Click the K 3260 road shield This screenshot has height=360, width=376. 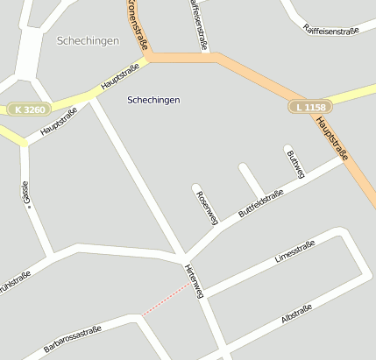pyautogui.click(x=31, y=109)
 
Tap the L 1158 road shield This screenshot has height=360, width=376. pyautogui.click(x=307, y=106)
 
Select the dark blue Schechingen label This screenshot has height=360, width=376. pyautogui.click(x=153, y=100)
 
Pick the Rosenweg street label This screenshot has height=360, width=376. pyautogui.click(x=208, y=208)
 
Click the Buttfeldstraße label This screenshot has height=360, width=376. pyautogui.click(x=260, y=204)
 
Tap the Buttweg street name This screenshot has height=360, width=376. pyautogui.click(x=295, y=164)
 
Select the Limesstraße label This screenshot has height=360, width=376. pyautogui.click(x=294, y=253)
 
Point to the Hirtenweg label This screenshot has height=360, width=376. pyautogui.click(x=194, y=280)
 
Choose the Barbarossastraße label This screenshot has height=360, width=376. pyautogui.click(x=73, y=341)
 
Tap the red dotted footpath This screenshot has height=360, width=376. pyautogui.click(x=166, y=300)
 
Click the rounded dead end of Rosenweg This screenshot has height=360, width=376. pyautogui.click(x=196, y=187)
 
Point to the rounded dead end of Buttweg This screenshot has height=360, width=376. pyautogui.click(x=287, y=148)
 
